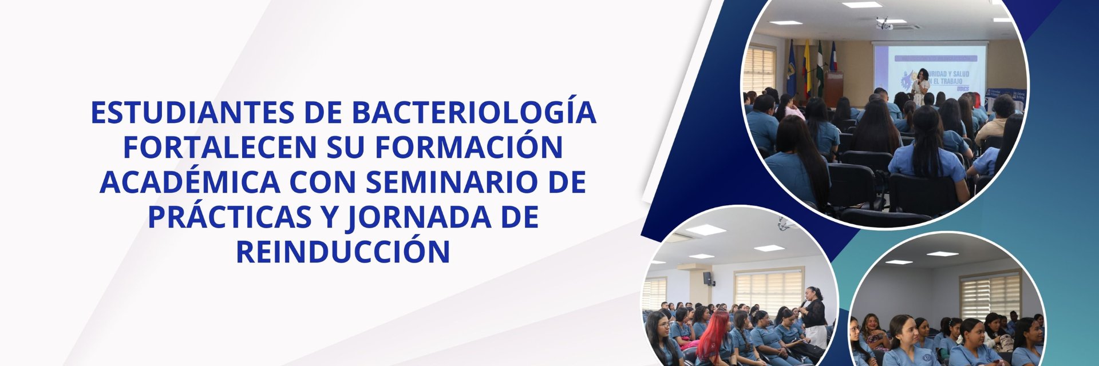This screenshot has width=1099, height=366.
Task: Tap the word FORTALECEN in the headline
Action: click(x=220, y=147)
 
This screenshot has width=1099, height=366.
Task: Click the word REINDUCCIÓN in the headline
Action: click(x=343, y=250)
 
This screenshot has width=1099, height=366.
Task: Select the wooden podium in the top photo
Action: click(x=833, y=89)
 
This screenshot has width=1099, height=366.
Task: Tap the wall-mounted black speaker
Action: click(x=709, y=279)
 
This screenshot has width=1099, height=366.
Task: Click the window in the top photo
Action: click(x=760, y=71)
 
